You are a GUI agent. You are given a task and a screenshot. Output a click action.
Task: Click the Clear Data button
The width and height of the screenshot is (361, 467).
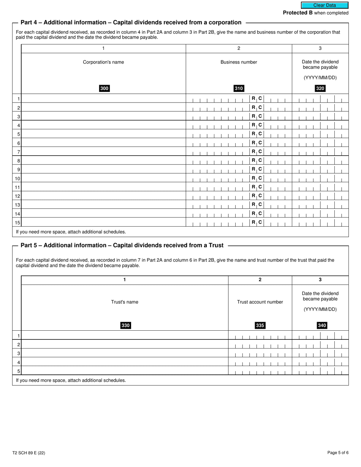(325, 5)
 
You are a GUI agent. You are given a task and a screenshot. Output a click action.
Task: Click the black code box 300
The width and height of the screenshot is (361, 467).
(104, 88)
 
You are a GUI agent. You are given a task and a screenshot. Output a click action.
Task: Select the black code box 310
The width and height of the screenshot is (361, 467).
(239, 88)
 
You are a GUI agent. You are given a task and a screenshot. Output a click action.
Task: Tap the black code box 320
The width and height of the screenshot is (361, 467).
(320, 88)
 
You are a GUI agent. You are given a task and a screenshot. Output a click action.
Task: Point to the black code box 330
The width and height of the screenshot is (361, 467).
(125, 325)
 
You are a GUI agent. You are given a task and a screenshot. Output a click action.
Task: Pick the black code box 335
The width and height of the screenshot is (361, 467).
(260, 325)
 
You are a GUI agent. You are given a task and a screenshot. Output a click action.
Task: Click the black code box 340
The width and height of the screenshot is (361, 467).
(322, 325)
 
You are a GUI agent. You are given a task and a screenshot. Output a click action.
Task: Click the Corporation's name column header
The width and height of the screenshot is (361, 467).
(103, 62)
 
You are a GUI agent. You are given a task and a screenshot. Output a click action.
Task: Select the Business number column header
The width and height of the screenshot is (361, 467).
(239, 62)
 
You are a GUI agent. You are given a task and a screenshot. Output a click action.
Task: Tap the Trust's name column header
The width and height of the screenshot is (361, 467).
(125, 302)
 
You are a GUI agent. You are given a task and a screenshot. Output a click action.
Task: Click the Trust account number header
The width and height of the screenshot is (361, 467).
(260, 302)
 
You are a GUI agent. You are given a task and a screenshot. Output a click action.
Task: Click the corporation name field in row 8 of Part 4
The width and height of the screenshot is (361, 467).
(103, 161)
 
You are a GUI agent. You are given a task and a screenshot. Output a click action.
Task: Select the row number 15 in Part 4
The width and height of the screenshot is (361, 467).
(17, 223)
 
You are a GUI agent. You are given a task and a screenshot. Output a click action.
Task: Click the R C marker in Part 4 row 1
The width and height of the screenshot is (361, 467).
(257, 98)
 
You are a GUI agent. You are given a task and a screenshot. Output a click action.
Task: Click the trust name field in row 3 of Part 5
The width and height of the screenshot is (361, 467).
(125, 353)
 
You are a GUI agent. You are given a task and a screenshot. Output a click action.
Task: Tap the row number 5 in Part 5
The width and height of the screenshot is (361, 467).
(19, 371)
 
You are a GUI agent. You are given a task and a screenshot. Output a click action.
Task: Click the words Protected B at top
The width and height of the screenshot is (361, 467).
(298, 13)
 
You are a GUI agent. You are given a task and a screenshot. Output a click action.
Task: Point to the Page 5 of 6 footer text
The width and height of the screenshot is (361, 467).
(338, 453)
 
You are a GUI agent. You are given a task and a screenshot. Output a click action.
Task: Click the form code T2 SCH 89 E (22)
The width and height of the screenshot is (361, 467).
(28, 453)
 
